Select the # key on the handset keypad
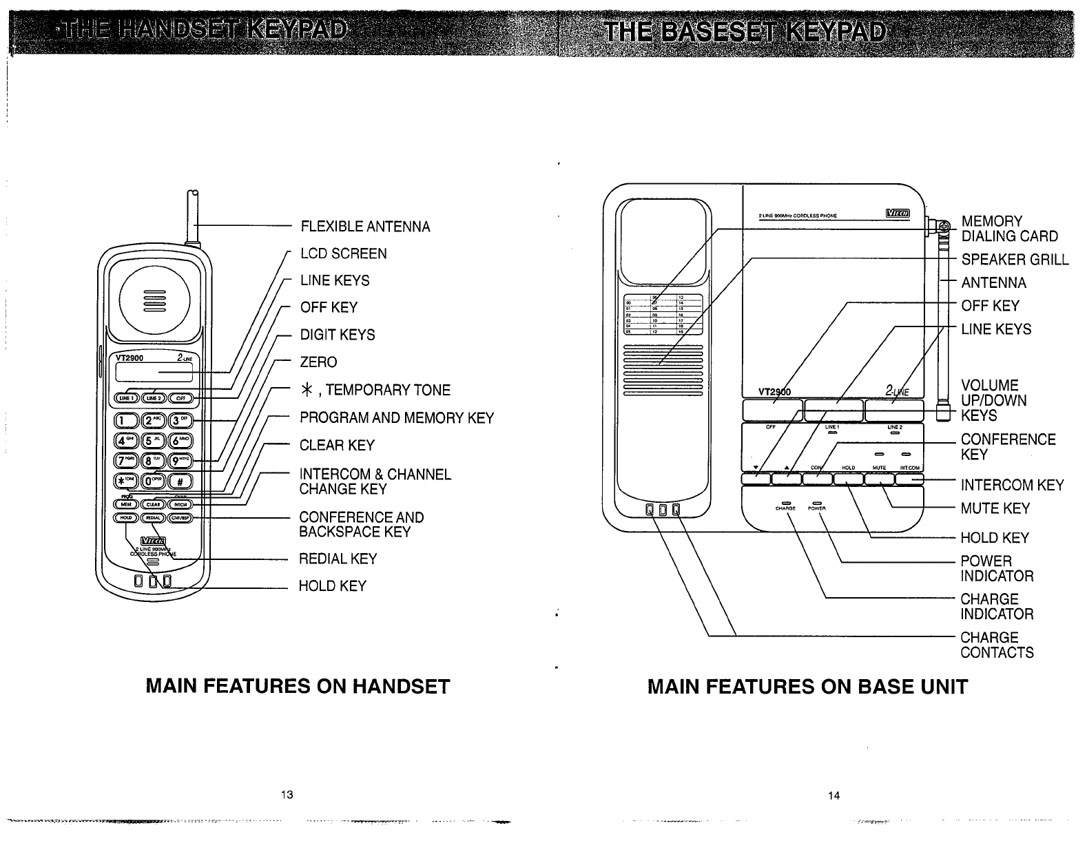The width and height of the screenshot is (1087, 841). coord(183,481)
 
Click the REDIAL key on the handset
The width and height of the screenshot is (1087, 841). coord(154,518)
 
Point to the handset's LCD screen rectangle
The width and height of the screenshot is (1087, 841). coord(154,373)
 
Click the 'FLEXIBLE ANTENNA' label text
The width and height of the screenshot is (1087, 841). coord(365,227)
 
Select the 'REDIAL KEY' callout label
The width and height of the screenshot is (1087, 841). coord(338,559)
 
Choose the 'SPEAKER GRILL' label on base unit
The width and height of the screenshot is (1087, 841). coord(1015,260)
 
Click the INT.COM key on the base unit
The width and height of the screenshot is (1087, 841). coord(908,479)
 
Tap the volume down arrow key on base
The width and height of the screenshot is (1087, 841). coord(756,479)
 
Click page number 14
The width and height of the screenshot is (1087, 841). coord(834,796)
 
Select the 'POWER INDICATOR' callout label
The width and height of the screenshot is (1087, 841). coord(997,568)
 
